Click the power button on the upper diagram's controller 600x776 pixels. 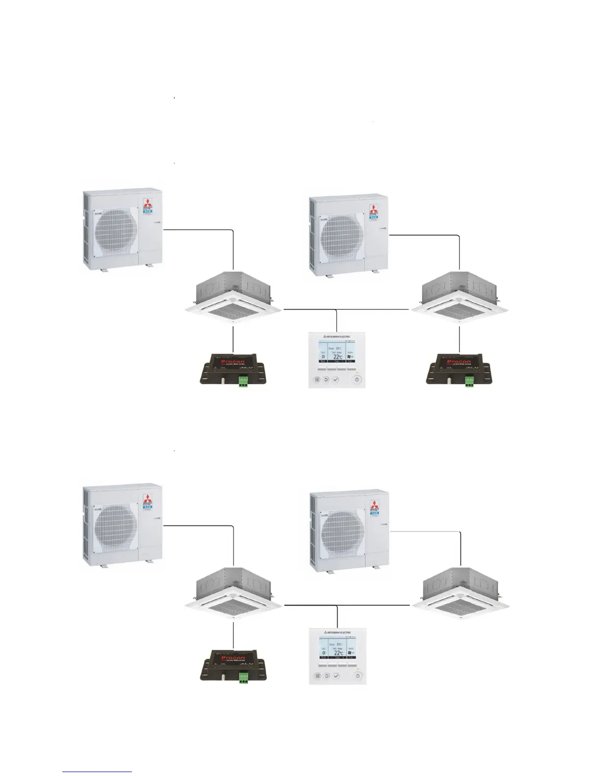pyautogui.click(x=357, y=379)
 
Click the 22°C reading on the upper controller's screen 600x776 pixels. pyautogui.click(x=337, y=356)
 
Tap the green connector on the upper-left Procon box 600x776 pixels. pyautogui.click(x=243, y=382)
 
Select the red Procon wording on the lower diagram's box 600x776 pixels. pyautogui.click(x=233, y=658)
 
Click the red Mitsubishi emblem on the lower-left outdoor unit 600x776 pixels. pyautogui.click(x=148, y=499)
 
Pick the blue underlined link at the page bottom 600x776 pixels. pyautogui.click(x=97, y=772)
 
